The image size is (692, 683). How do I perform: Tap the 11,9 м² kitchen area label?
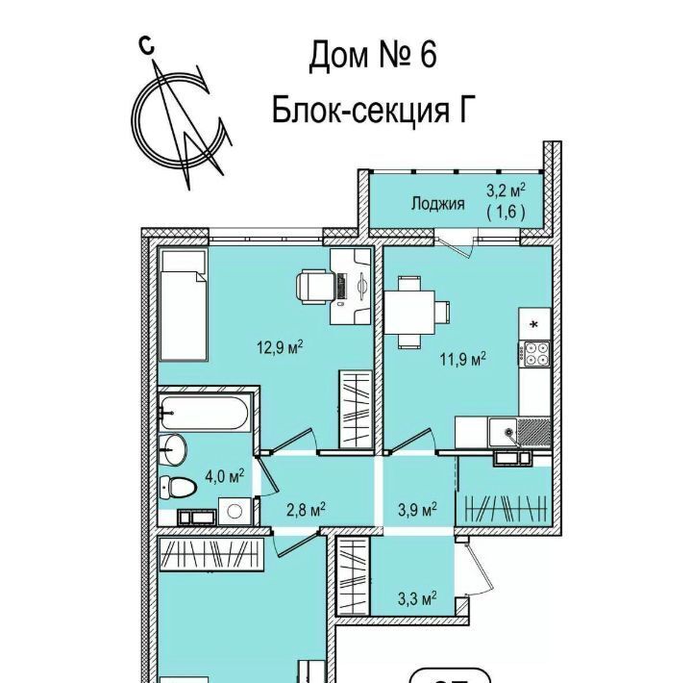click(x=463, y=359)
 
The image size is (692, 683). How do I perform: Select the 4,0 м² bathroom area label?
click(x=225, y=476)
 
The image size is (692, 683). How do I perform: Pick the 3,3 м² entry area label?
click(x=417, y=599)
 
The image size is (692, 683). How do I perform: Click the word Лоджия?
click(x=438, y=204)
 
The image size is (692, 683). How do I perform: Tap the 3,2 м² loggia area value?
click(x=506, y=190)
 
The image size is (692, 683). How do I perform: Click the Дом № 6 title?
click(x=373, y=55)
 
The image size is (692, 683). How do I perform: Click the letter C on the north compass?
click(x=146, y=44)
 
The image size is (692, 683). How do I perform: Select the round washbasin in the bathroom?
click(x=174, y=449)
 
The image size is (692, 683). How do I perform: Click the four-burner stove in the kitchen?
click(x=534, y=355)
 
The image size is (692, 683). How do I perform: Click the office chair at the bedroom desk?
click(x=315, y=288)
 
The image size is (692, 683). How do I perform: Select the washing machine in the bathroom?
click(x=235, y=512)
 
